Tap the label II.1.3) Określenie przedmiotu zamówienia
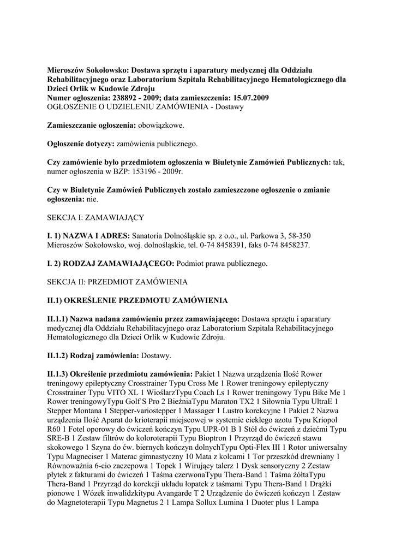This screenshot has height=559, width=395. [x=119, y=375]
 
